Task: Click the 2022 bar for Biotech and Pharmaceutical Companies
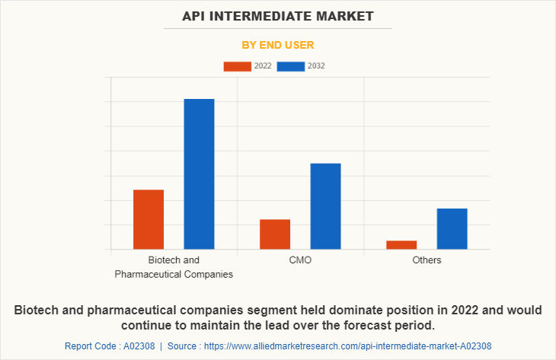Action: click(149, 219)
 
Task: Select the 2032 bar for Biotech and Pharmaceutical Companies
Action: click(199, 174)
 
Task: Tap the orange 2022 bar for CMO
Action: click(275, 234)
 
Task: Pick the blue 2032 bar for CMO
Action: click(325, 206)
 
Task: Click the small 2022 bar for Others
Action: click(401, 244)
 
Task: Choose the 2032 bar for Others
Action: click(452, 228)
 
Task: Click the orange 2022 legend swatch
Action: click(237, 66)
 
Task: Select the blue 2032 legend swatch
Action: click(291, 66)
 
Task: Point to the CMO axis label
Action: click(300, 260)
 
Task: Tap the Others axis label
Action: click(427, 260)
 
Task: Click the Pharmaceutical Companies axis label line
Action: click(174, 274)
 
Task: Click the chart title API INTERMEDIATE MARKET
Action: click(278, 16)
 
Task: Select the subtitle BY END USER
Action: click(278, 45)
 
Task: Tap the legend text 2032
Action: click(316, 66)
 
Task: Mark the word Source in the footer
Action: click(186, 346)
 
